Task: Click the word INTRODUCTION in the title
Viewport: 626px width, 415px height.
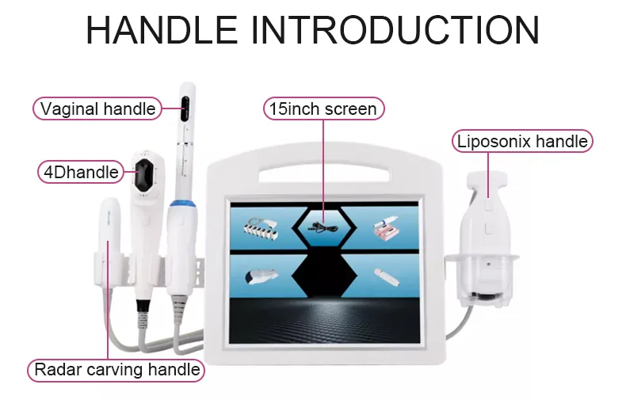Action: [395, 30]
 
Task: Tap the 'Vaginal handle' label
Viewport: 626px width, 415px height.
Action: [97, 109]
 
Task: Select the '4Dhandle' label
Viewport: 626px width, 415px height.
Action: [78, 171]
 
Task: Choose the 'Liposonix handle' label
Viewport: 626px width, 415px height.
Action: [522, 142]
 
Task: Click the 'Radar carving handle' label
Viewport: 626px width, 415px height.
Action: [116, 369]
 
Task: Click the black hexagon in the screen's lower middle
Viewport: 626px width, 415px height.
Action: [323, 274]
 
